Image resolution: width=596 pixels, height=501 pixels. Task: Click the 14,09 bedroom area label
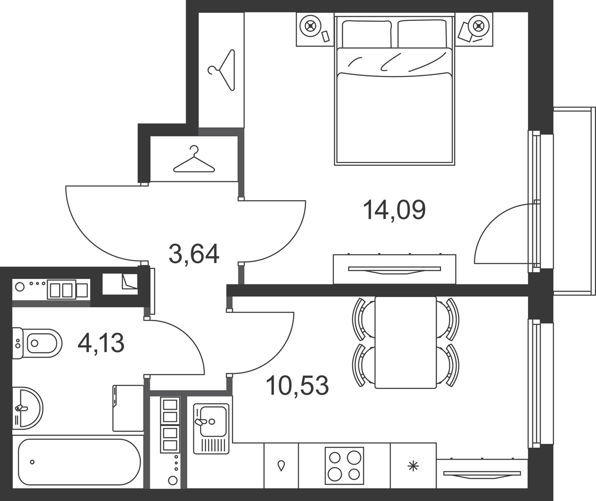394,210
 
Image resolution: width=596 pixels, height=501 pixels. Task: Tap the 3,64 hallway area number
194,254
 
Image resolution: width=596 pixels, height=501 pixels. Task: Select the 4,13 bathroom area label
101,343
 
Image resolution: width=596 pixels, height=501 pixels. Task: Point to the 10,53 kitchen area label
298,385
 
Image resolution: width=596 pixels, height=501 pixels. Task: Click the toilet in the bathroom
37,343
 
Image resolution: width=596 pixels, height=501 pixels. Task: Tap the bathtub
79,462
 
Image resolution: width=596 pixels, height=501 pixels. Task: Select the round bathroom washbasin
28,408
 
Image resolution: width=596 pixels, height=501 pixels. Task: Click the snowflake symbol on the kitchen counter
413,467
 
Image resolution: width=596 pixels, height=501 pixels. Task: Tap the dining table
406,343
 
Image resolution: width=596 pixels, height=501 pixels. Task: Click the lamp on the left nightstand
310,26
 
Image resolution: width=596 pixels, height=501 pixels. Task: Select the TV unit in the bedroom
394,269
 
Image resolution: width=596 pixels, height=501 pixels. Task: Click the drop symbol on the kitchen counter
282,466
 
